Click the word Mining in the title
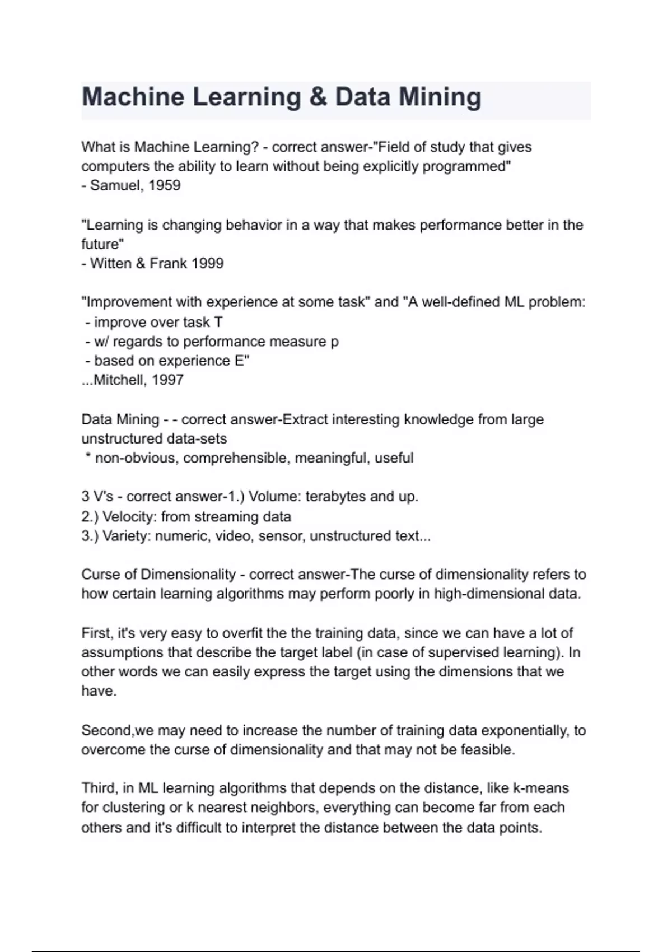click(x=440, y=97)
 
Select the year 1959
click(x=164, y=185)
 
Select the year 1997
click(x=167, y=380)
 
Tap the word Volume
click(x=272, y=497)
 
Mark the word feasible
click(x=486, y=750)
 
